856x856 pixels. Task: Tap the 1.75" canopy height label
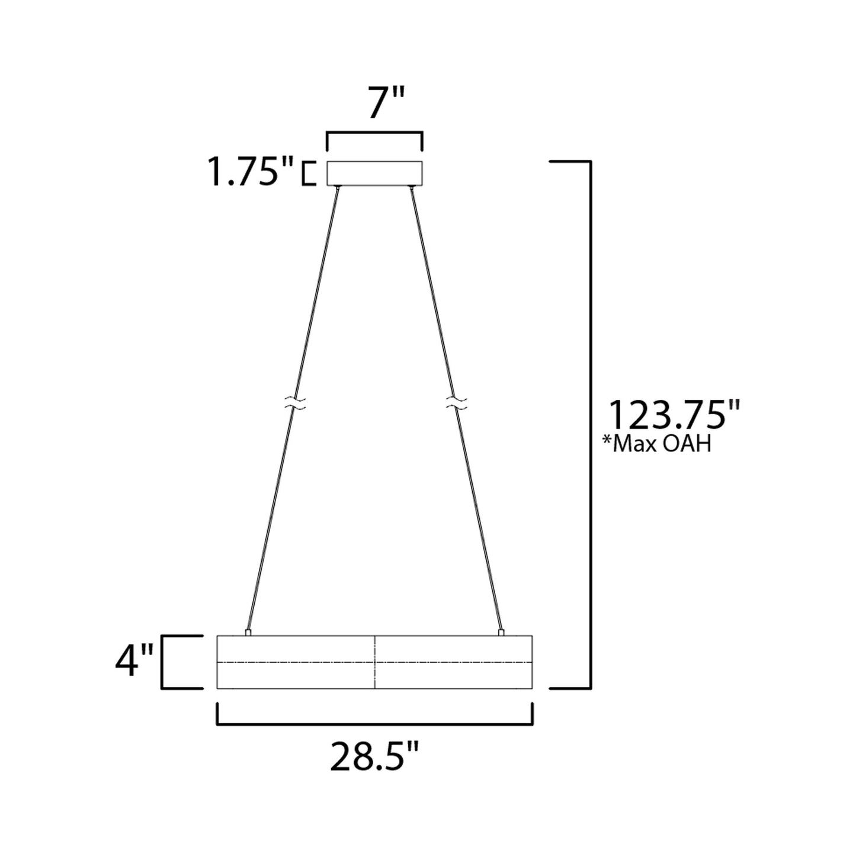[250, 173]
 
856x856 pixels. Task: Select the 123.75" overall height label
[675, 415]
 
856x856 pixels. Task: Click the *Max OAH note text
[656, 444]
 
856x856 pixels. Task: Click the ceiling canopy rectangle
[374, 173]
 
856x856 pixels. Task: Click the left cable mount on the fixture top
[248, 633]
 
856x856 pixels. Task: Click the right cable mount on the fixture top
[502, 633]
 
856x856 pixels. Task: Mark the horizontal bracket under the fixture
[374, 723]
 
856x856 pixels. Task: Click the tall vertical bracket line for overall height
[591, 424]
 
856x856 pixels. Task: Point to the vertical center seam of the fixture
[375, 662]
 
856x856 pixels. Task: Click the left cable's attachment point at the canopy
[338, 188]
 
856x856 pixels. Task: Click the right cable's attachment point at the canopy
[411, 188]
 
